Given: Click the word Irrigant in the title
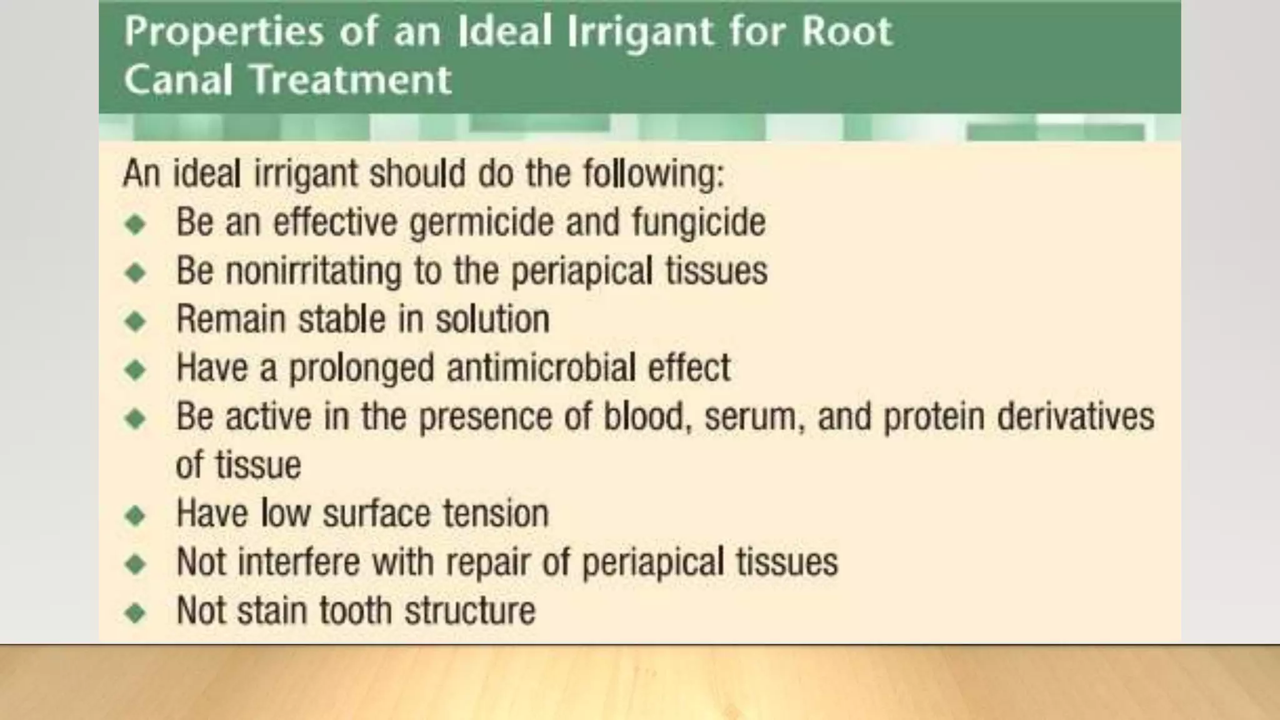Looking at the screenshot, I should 640,32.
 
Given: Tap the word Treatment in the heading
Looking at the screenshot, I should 351,80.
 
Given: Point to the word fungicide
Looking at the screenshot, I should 698,223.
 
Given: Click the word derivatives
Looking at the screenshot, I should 1075,416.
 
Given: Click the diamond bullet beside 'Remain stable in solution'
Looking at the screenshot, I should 135,321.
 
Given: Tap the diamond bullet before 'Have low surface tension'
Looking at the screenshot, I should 135,516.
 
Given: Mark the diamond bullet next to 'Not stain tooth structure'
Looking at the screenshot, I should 135,612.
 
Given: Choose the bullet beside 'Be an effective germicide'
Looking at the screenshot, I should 135,224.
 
